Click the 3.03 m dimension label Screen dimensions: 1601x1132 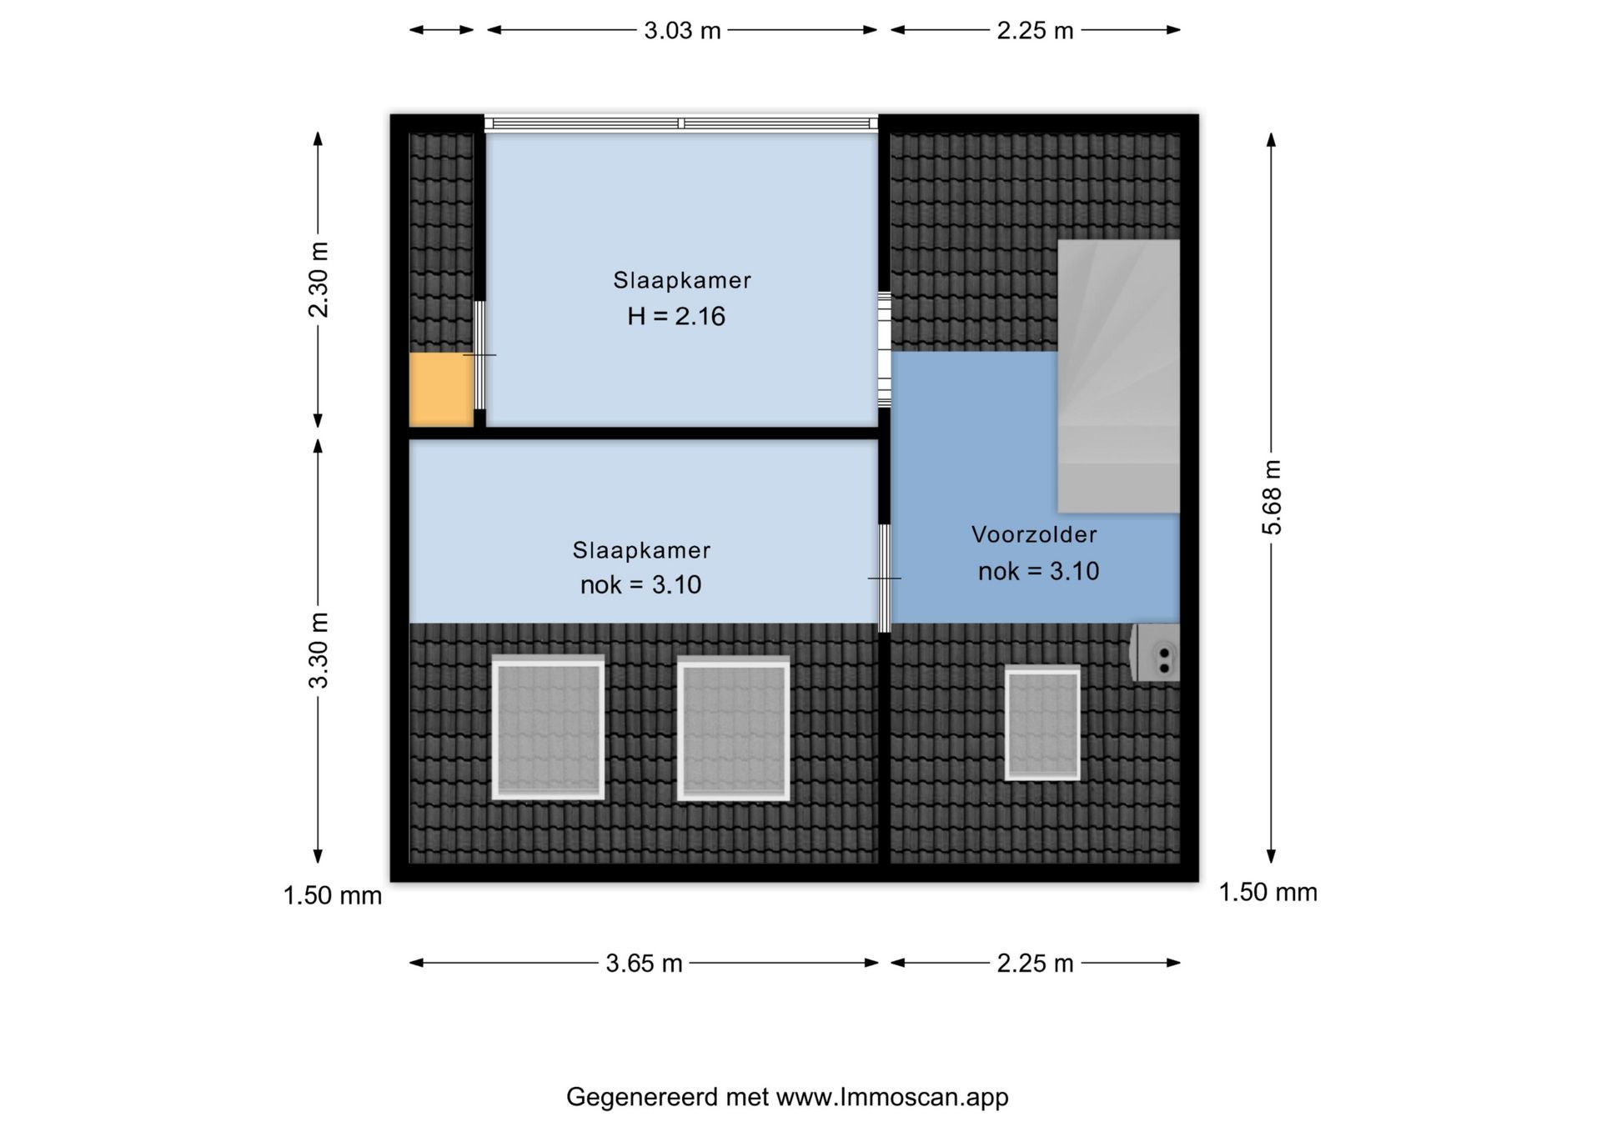tap(682, 31)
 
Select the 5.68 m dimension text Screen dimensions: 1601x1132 tap(1272, 497)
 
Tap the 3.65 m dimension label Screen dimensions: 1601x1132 tap(644, 964)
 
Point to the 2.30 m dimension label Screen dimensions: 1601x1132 tap(319, 279)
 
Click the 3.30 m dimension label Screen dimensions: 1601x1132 tap(319, 650)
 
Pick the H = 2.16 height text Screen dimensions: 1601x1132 tap(676, 316)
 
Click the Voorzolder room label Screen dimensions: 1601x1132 tap(1034, 534)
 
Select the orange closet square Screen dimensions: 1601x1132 tap(441, 390)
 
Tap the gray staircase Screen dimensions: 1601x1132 tap(1119, 376)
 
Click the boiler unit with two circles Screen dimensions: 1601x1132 tap(1156, 652)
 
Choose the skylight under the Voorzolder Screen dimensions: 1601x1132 tap(1042, 723)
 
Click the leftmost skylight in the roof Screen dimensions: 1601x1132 tap(548, 728)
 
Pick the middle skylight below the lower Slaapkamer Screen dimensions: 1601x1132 tap(733, 728)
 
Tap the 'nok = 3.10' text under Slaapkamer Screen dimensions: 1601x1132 tap(640, 585)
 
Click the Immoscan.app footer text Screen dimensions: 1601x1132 tap(787, 1097)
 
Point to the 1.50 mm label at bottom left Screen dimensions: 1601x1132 tap(333, 895)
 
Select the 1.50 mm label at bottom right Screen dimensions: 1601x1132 tap(1268, 892)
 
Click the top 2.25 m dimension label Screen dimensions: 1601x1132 tap(1035, 31)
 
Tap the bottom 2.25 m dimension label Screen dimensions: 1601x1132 tap(1035, 964)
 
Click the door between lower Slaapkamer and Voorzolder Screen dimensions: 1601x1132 tap(885, 578)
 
